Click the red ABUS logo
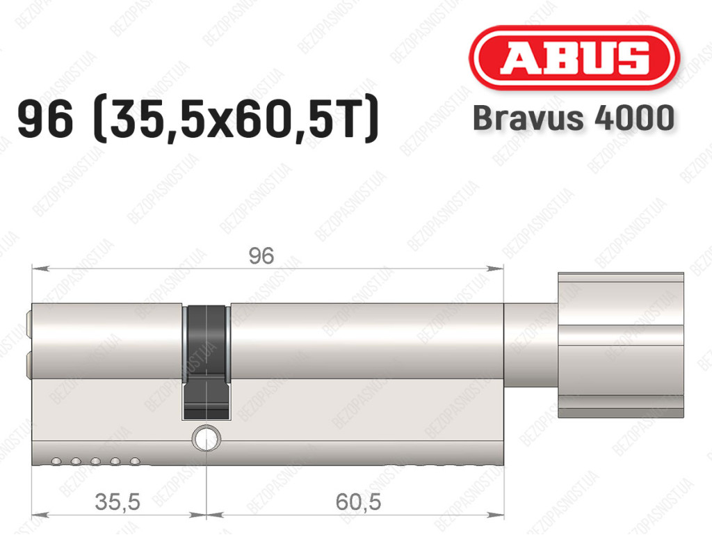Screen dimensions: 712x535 574,58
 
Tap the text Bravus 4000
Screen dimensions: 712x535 573,118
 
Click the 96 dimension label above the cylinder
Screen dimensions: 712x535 261,256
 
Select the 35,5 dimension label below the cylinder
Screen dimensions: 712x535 118,502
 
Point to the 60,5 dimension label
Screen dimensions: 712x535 358,502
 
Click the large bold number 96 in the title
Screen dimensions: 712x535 45,119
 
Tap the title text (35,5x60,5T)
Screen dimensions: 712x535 235,119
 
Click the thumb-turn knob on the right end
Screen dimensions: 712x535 621,345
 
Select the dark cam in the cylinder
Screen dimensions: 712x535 207,362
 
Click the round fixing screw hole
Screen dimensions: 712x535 207,438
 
